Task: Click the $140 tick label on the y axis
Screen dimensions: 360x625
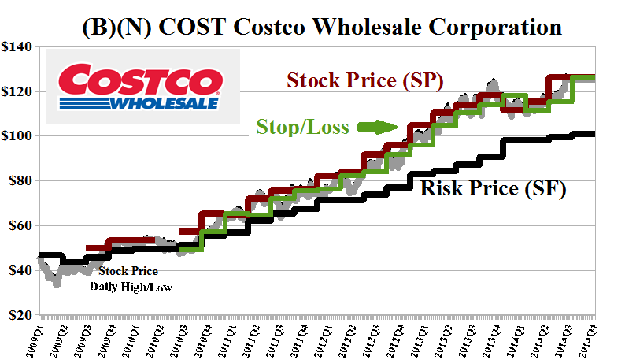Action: [17, 47]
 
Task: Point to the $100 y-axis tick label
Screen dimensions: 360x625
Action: [17, 136]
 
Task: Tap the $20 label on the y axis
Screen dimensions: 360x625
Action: [19, 315]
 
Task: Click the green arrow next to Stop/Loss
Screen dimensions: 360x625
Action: [376, 126]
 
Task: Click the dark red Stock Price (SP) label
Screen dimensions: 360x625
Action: [364, 81]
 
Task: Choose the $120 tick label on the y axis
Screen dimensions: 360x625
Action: [17, 92]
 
